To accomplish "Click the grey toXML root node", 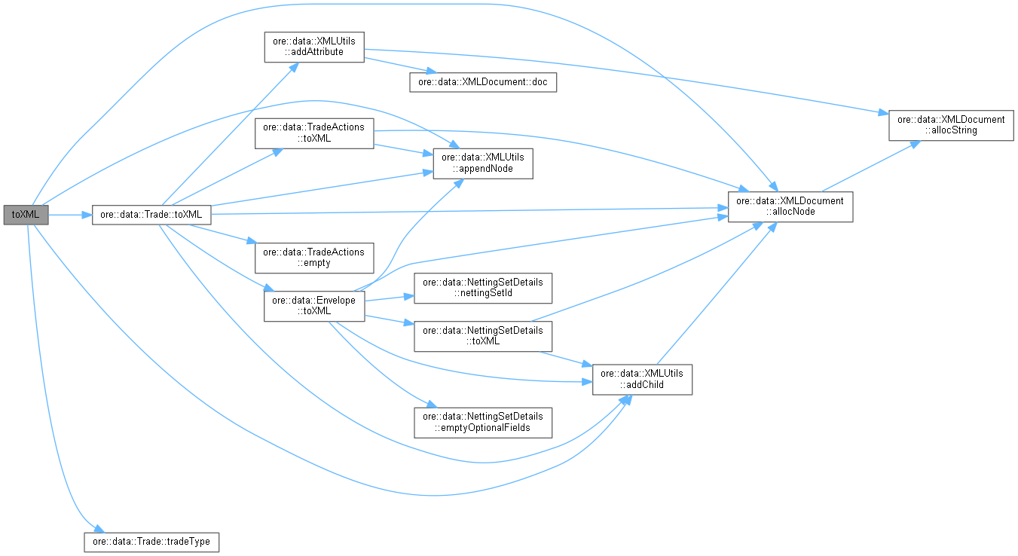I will coord(26,215).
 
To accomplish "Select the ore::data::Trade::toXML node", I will coord(151,215).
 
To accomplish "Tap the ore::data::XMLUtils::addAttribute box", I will coord(313,47).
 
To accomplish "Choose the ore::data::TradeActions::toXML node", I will coord(313,133).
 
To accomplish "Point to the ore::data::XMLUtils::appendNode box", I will coord(482,163).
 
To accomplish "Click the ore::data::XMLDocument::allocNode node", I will coord(790,206).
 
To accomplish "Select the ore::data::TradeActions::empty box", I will coord(313,258).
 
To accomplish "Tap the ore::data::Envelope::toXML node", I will coord(313,304).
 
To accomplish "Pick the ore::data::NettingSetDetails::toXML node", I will coord(482,335).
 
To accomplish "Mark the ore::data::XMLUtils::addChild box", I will coord(642,379).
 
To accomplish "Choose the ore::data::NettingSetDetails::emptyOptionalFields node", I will coord(482,422).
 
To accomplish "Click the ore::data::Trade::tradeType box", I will coord(151,541).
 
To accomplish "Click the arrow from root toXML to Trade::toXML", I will coord(70,215).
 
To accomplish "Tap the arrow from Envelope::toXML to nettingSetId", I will coord(388,297).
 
